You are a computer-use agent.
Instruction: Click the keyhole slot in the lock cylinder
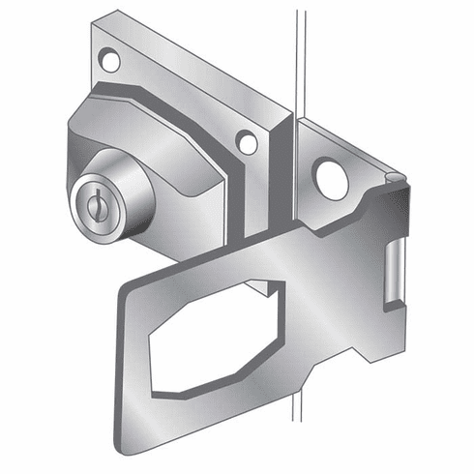click(x=93, y=204)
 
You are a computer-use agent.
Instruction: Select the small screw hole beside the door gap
click(x=247, y=144)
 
